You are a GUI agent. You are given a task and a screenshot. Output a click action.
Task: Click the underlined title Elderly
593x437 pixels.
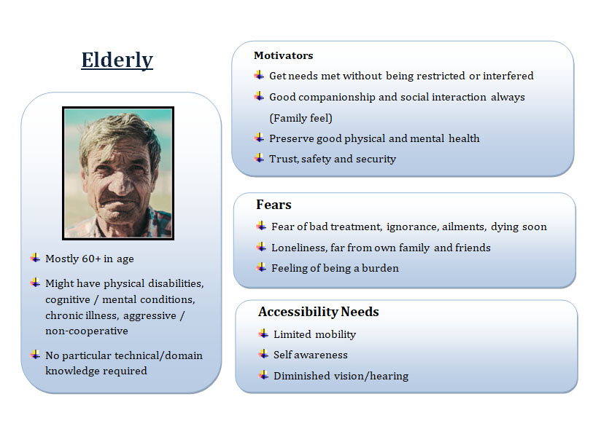pos(117,60)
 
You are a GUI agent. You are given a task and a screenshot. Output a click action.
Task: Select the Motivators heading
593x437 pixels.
pos(284,55)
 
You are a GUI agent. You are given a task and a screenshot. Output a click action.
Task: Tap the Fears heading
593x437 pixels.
pos(274,205)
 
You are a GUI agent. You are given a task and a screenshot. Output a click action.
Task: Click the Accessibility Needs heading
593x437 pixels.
pos(319,312)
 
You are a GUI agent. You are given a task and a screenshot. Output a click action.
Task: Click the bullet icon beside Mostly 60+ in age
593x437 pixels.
pos(36,258)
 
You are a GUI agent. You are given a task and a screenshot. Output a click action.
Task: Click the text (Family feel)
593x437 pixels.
pos(301,118)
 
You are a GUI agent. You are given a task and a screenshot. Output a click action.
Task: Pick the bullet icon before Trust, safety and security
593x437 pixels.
pos(260,158)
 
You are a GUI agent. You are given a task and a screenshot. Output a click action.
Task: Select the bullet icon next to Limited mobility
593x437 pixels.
pos(263,334)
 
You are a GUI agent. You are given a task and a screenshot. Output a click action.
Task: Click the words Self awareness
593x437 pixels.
pos(311,355)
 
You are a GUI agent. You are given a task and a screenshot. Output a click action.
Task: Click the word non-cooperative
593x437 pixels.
pos(87,331)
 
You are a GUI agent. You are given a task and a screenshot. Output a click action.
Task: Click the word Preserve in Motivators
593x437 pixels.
pos(291,138)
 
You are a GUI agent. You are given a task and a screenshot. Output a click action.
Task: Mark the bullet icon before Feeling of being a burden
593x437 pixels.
pos(262,267)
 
